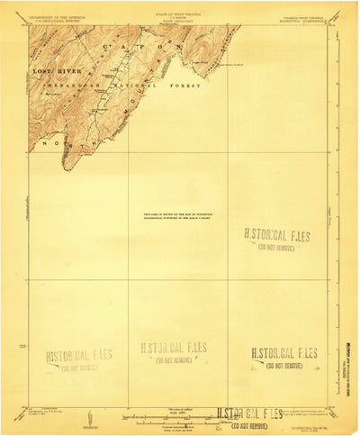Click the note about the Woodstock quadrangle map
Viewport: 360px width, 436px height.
(177, 214)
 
